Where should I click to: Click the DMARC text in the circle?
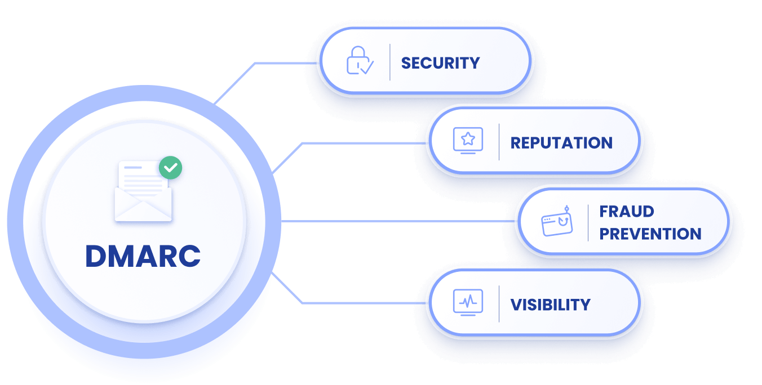(x=143, y=256)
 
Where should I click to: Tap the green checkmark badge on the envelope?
(x=170, y=167)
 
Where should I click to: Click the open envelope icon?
(x=143, y=194)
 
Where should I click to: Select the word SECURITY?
(x=440, y=62)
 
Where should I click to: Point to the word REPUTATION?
(x=561, y=143)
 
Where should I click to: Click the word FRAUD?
(x=627, y=212)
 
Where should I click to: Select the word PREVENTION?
(x=650, y=234)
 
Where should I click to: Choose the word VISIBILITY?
(x=550, y=305)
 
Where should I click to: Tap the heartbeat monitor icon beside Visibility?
(x=468, y=302)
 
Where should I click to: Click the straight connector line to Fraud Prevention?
(x=395, y=221)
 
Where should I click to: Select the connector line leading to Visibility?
(x=361, y=303)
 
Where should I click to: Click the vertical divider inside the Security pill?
(x=390, y=62)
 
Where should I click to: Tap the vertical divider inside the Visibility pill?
(x=499, y=304)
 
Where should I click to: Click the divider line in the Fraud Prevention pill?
(x=588, y=222)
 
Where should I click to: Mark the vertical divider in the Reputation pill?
(x=499, y=142)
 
